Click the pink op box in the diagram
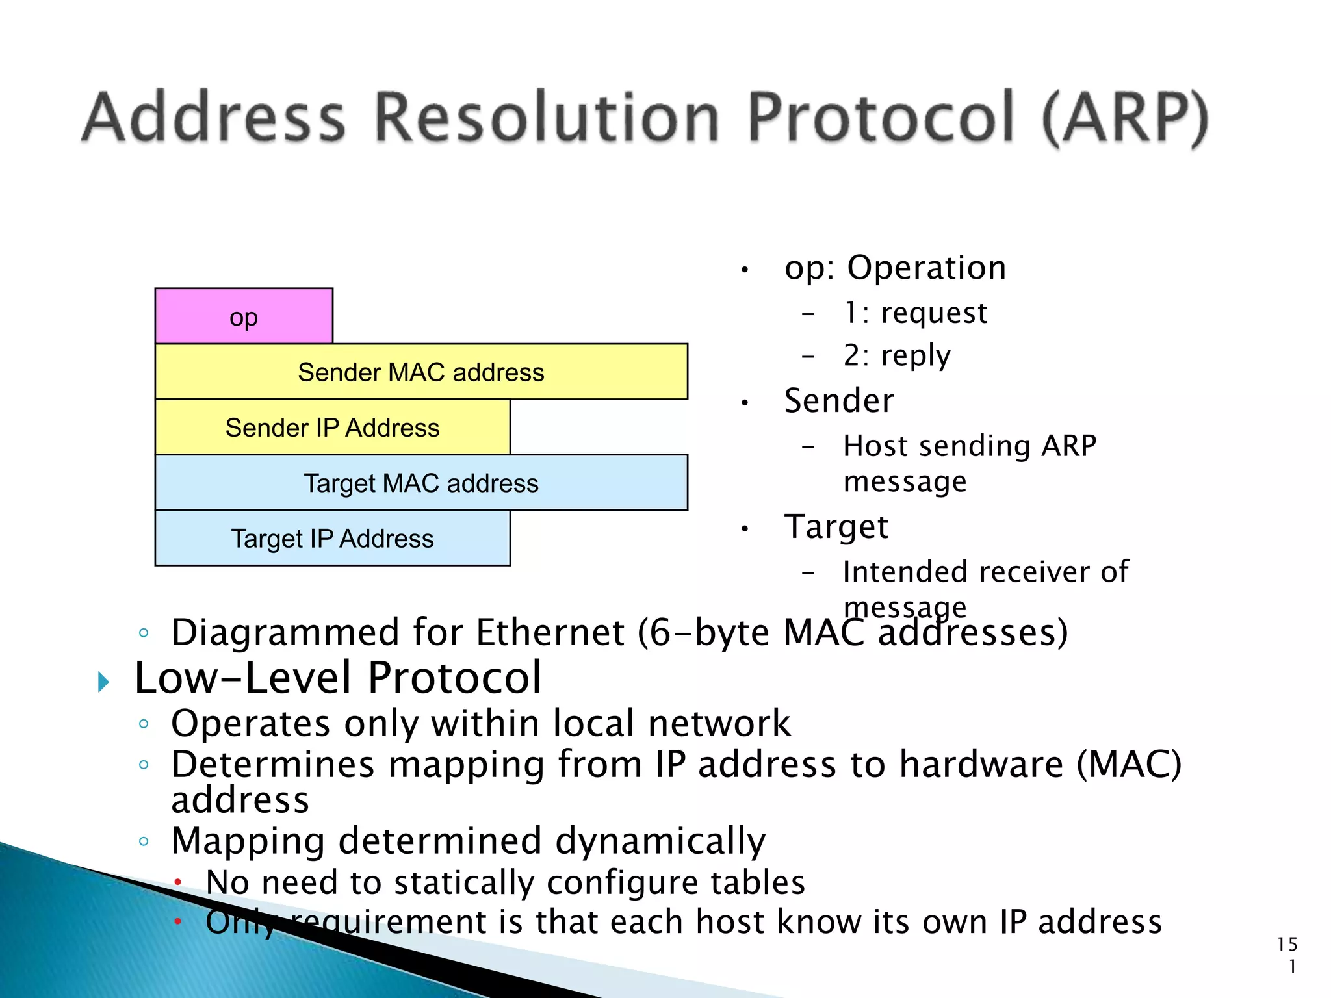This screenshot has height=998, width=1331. pyautogui.click(x=244, y=316)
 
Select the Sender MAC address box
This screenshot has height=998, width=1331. pyautogui.click(x=421, y=372)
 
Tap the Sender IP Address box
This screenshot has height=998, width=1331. pyautogui.click(x=332, y=428)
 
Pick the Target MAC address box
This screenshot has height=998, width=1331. pyautogui.click(x=421, y=483)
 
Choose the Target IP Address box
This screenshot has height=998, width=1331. pyautogui.click(x=332, y=539)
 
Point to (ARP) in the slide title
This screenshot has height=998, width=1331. pyautogui.click(x=1125, y=118)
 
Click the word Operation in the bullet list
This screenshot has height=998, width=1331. pyautogui.click(x=926, y=268)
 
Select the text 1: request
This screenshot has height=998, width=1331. pyautogui.click(x=915, y=313)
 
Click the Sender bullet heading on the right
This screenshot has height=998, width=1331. pyautogui.click(x=839, y=401)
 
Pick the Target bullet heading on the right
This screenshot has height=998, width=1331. pyautogui.click(x=836, y=526)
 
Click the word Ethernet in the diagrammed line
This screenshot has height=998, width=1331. pyautogui.click(x=550, y=632)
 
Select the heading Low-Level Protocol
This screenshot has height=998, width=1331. pyautogui.click(x=337, y=678)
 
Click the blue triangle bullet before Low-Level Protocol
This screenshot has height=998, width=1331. pyautogui.click(x=103, y=682)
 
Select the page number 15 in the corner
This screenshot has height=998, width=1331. pyautogui.click(x=1287, y=944)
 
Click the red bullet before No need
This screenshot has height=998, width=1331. pyautogui.click(x=177, y=882)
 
